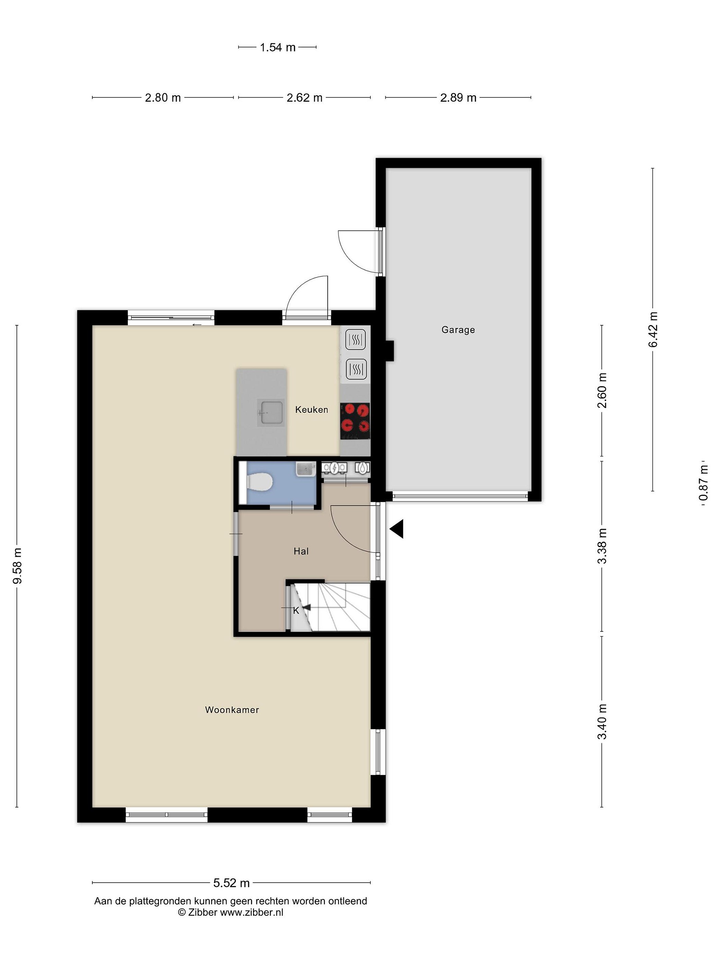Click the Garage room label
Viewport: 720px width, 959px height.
click(458, 330)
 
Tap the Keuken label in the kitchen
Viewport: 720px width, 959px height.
click(312, 409)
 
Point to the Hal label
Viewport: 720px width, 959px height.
click(301, 551)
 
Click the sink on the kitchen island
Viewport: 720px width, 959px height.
click(270, 412)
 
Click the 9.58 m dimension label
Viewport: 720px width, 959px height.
click(17, 566)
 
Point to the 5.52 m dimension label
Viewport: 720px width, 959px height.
click(231, 883)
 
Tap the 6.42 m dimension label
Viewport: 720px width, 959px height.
click(653, 330)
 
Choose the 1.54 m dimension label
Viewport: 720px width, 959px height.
click(277, 47)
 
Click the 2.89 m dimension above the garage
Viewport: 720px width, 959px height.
click(458, 98)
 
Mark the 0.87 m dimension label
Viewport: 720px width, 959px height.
click(704, 482)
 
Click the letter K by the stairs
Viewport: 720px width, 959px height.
click(296, 610)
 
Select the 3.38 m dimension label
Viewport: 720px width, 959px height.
click(602, 546)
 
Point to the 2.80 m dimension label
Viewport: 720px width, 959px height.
click(163, 98)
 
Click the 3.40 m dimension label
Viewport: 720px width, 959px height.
click(602, 722)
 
